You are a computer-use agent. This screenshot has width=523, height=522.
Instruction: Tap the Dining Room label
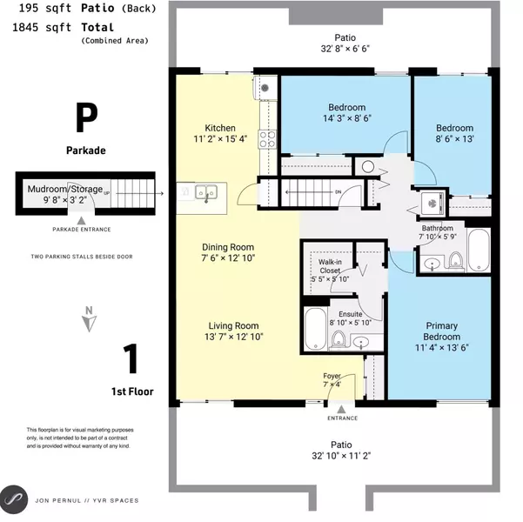click(x=226, y=247)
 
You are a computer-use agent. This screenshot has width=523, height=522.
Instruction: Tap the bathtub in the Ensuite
click(x=314, y=327)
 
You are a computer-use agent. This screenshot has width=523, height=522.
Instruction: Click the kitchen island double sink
click(x=205, y=191)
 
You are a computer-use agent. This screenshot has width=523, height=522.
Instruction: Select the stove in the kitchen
click(x=268, y=137)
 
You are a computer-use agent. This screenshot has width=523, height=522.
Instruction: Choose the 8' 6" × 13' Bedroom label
click(x=453, y=126)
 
